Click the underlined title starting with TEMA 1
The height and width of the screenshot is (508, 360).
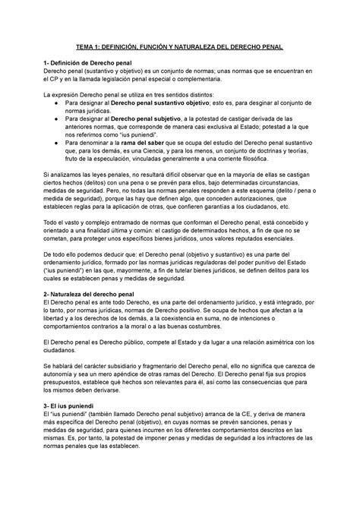179,47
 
